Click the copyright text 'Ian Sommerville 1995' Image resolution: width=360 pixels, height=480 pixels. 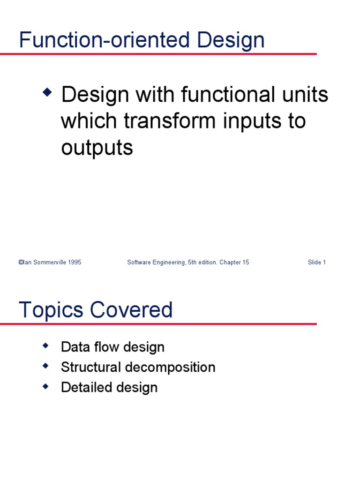pyautogui.click(x=50, y=262)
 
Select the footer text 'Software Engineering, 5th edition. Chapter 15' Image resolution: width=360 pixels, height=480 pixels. pyautogui.click(x=188, y=262)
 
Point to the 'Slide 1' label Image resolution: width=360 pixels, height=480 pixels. pyautogui.click(x=316, y=262)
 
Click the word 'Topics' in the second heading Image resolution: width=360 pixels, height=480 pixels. pyautogui.click(x=51, y=310)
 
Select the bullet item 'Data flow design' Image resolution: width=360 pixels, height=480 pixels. pyautogui.click(x=112, y=347)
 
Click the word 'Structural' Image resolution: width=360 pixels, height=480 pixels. pyautogui.click(x=91, y=367)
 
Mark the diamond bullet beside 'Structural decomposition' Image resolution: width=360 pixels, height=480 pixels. pyautogui.click(x=45, y=366)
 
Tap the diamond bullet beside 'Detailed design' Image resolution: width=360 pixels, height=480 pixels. pyautogui.click(x=45, y=386)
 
